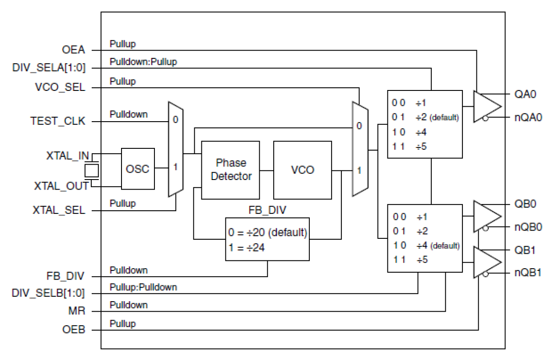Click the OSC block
tap(138, 169)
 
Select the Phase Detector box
tap(230, 169)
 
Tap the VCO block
tap(303, 169)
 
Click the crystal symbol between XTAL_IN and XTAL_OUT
tap(92, 169)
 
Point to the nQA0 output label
tap(528, 117)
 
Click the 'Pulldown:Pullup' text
tap(143, 62)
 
